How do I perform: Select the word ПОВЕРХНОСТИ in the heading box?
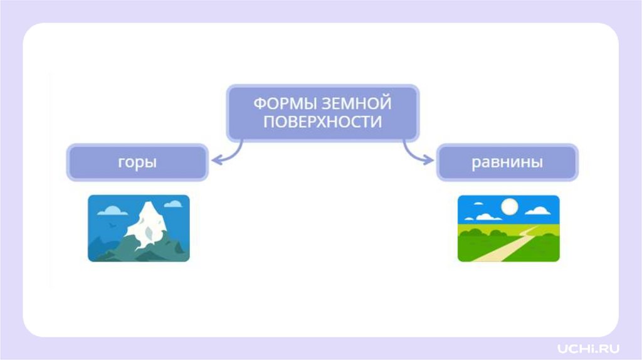322,122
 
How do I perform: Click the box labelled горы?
137,162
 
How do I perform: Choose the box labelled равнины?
507,162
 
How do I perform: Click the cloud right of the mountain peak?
176,203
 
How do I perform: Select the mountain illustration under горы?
139,228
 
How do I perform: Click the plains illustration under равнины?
508,228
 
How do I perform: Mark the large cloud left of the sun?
486,216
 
